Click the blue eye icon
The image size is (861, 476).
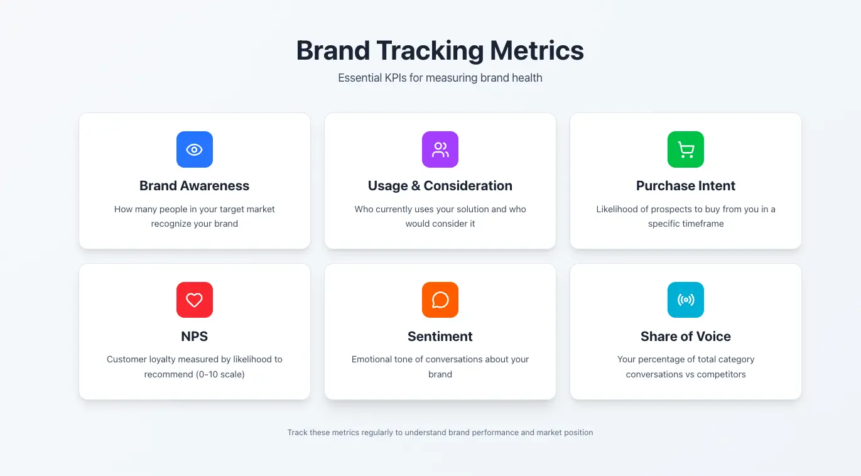pyautogui.click(x=195, y=149)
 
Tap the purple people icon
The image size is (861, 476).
pyautogui.click(x=440, y=149)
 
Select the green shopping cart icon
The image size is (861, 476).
pyautogui.click(x=686, y=149)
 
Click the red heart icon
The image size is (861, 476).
pyautogui.click(x=195, y=300)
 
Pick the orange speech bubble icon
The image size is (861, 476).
pyautogui.click(x=440, y=300)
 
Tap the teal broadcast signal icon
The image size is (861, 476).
pyautogui.click(x=686, y=300)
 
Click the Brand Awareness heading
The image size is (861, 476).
pyautogui.click(x=195, y=186)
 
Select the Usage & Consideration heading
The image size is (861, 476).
pyautogui.click(x=440, y=186)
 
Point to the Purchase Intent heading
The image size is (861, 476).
pyautogui.click(x=686, y=186)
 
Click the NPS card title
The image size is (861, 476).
pyautogui.click(x=195, y=337)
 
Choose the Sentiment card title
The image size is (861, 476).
pyautogui.click(x=440, y=337)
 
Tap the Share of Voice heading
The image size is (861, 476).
pyautogui.click(x=686, y=337)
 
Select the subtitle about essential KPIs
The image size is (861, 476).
pyautogui.click(x=440, y=78)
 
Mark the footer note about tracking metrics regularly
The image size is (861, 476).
pyautogui.click(x=440, y=433)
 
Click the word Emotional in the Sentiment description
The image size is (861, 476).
pyautogui.click(x=373, y=359)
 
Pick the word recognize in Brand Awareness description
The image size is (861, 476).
pyautogui.click(x=173, y=224)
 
